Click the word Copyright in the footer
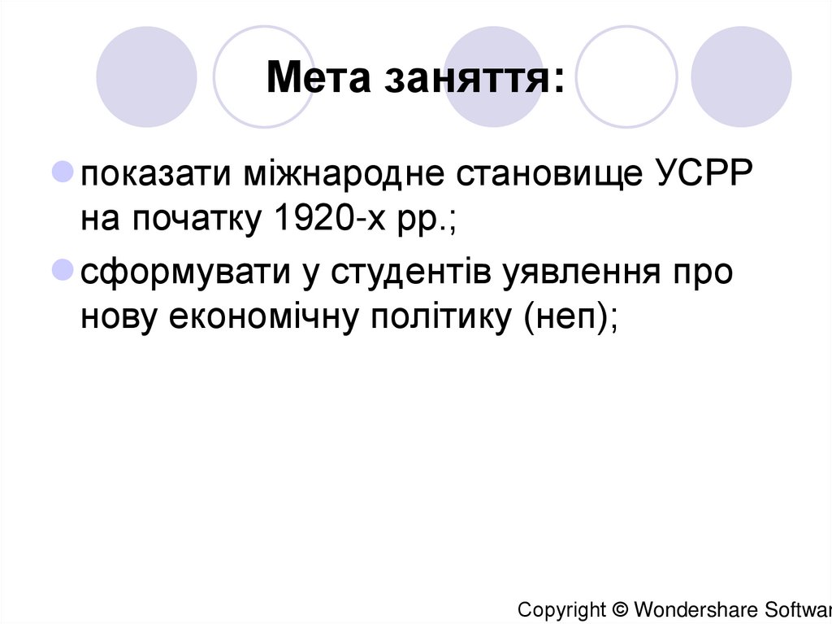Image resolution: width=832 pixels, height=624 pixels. click(561, 609)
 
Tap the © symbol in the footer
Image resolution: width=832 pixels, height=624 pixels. click(620, 609)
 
